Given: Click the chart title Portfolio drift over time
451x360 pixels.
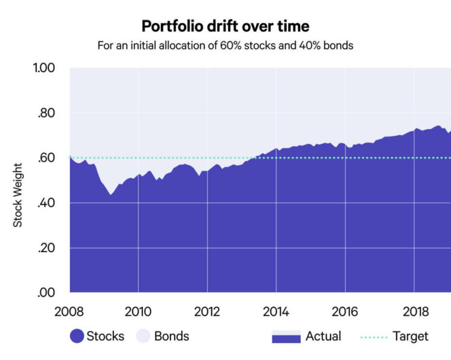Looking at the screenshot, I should pyautogui.click(x=225, y=26).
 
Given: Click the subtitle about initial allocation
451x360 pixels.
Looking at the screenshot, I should pyautogui.click(x=225, y=47).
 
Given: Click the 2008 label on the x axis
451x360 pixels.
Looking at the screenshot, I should pyautogui.click(x=70, y=312).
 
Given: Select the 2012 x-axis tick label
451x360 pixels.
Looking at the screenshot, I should pyautogui.click(x=206, y=312).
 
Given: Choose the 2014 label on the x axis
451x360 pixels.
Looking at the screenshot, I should pyautogui.click(x=276, y=312).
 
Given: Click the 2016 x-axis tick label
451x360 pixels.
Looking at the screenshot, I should pyautogui.click(x=344, y=312).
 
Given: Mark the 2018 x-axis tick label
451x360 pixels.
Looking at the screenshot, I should pyautogui.click(x=414, y=312).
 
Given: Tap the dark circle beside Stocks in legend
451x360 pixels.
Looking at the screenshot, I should pyautogui.click(x=76, y=336).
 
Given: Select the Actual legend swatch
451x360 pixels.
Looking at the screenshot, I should pyautogui.click(x=285, y=336).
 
